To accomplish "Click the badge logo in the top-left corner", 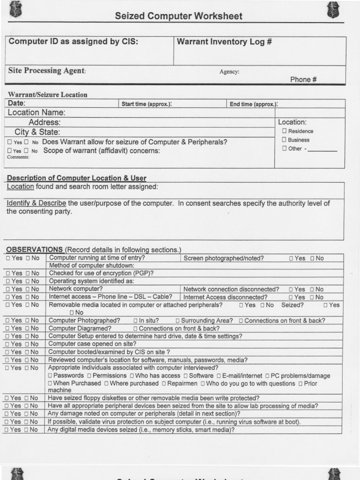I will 15,9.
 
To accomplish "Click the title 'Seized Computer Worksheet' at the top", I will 179,16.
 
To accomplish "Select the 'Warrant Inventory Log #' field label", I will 225,42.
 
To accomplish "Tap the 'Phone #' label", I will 303,80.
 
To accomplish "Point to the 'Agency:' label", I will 229,72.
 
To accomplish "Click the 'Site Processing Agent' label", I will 47,71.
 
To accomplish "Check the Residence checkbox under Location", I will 284,131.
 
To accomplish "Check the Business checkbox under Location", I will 284,140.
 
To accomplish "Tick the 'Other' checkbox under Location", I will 284,149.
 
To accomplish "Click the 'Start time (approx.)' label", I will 147,104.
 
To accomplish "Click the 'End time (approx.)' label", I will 254,104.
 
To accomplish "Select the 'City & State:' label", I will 37,132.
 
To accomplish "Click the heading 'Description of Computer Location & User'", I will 76,178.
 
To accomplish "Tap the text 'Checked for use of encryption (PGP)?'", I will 101,273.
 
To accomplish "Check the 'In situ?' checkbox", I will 135,321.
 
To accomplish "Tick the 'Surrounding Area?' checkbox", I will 178,321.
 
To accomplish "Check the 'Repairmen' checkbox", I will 164,384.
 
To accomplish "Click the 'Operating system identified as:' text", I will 91,281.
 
